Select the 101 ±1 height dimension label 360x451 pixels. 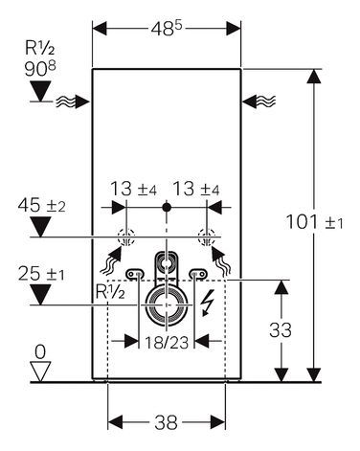pos(313,222)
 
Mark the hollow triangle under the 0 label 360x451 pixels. pos(38,372)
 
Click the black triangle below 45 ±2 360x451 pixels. pos(37,226)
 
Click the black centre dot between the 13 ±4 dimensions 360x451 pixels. pos(166,206)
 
